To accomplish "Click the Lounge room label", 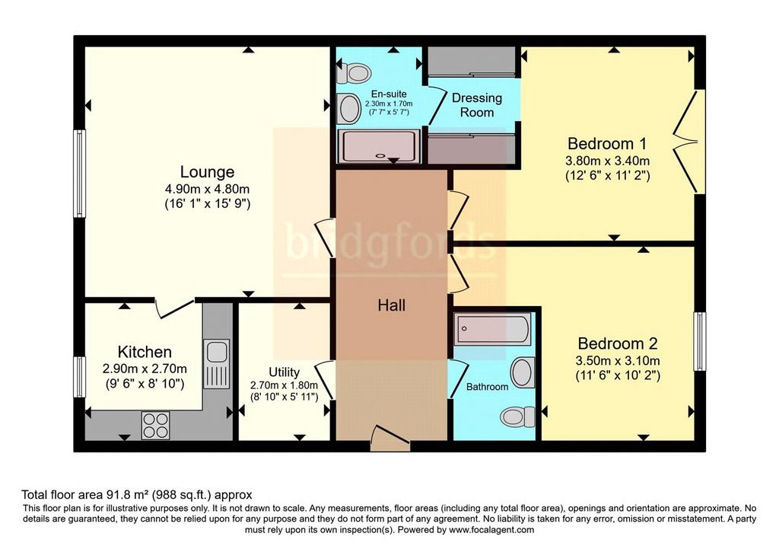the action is [x=207, y=172].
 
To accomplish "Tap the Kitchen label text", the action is [x=145, y=352].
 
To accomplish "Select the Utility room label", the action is [x=285, y=372].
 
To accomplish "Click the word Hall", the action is [x=392, y=305].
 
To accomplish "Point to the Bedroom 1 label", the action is [x=607, y=144].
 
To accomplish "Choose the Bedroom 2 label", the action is [x=618, y=343].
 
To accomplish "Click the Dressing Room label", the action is [x=477, y=105].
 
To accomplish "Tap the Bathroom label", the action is [x=488, y=387].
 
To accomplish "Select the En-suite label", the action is [x=389, y=94].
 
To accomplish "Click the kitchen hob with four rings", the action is [x=155, y=425].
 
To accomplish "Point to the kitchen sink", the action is [x=217, y=363].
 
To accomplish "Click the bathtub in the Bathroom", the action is [x=493, y=329].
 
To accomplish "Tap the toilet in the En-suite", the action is [x=354, y=74].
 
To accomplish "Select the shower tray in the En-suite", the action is [x=380, y=146].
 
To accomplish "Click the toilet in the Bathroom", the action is [x=517, y=417].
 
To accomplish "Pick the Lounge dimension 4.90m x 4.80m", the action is [x=207, y=189].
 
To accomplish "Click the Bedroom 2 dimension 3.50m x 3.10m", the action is [x=618, y=360].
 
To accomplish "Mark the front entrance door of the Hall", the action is [x=390, y=438].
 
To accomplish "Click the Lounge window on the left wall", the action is [x=79, y=174].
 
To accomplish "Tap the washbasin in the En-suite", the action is [x=350, y=109].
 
